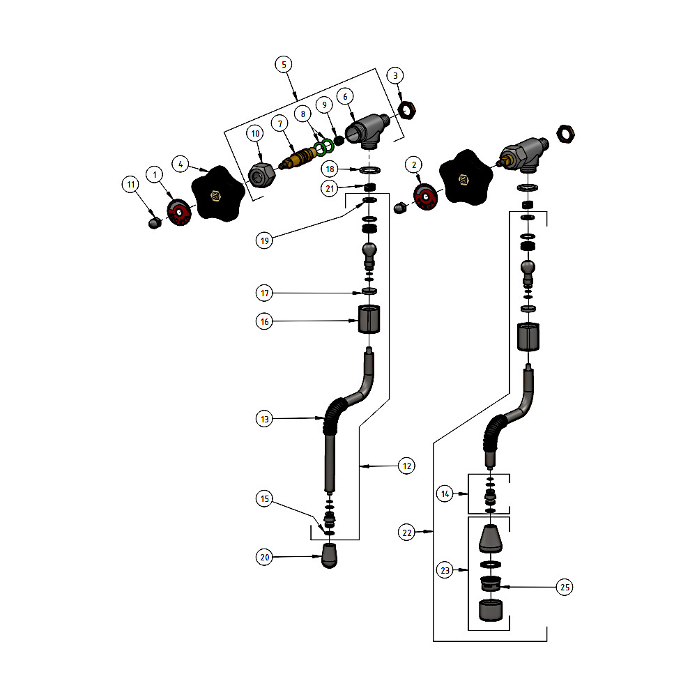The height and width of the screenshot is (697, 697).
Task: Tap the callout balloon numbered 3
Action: (x=395, y=75)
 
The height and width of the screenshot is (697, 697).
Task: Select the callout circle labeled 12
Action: (x=407, y=465)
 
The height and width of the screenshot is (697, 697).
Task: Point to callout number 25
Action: (x=565, y=588)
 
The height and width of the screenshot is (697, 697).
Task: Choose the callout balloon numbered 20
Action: (x=264, y=557)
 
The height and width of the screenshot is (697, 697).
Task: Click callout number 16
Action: (x=264, y=321)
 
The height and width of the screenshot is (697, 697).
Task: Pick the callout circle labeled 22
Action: (x=407, y=533)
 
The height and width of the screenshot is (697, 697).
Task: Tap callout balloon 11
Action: (x=130, y=185)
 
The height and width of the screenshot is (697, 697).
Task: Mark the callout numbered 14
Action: (x=445, y=493)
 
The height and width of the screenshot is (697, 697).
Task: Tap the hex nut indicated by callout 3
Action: (x=407, y=109)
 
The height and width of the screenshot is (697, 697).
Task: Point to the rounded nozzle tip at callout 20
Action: (x=332, y=556)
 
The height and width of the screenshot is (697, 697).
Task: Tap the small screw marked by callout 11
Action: (x=155, y=223)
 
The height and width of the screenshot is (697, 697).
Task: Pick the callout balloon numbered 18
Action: (x=330, y=169)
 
